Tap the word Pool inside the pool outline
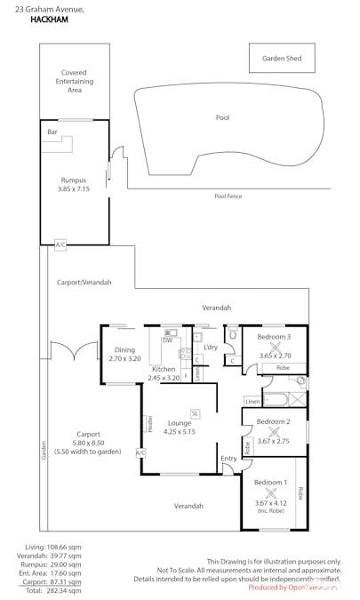click(x=222, y=117)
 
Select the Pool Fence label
click(x=228, y=196)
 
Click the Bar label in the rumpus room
click(x=52, y=132)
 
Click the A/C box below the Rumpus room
click(x=60, y=244)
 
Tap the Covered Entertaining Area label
click(x=75, y=81)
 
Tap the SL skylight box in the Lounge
click(x=195, y=413)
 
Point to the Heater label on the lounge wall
click(x=150, y=425)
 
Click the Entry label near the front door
click(x=229, y=459)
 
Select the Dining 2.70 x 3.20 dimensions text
click(x=124, y=355)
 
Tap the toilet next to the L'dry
click(x=231, y=336)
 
